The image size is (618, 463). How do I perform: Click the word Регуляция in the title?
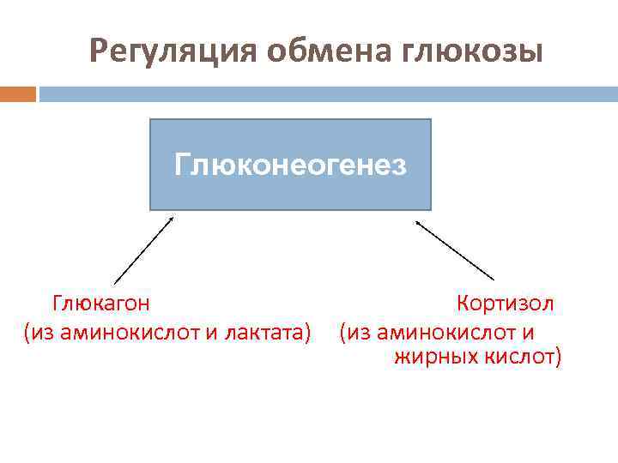click(x=172, y=54)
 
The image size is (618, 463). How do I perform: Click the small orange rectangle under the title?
click(x=18, y=93)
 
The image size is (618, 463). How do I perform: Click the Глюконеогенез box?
click(x=290, y=165)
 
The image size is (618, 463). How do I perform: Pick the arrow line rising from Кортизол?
click(x=455, y=250)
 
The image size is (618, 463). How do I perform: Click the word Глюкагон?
click(x=102, y=304)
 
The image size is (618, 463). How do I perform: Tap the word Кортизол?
click(x=506, y=304)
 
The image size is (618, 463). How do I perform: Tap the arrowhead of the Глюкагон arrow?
click(x=172, y=218)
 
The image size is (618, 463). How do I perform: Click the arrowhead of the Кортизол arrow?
click(x=418, y=222)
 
